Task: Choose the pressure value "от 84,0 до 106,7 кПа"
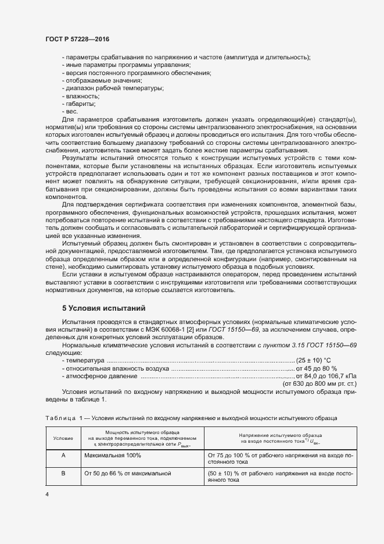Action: pos(326,376)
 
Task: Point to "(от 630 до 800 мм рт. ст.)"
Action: pos(320,383)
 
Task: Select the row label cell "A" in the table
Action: pos(63,456)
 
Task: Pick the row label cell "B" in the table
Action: pos(63,474)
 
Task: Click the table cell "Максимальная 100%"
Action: pos(113,456)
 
